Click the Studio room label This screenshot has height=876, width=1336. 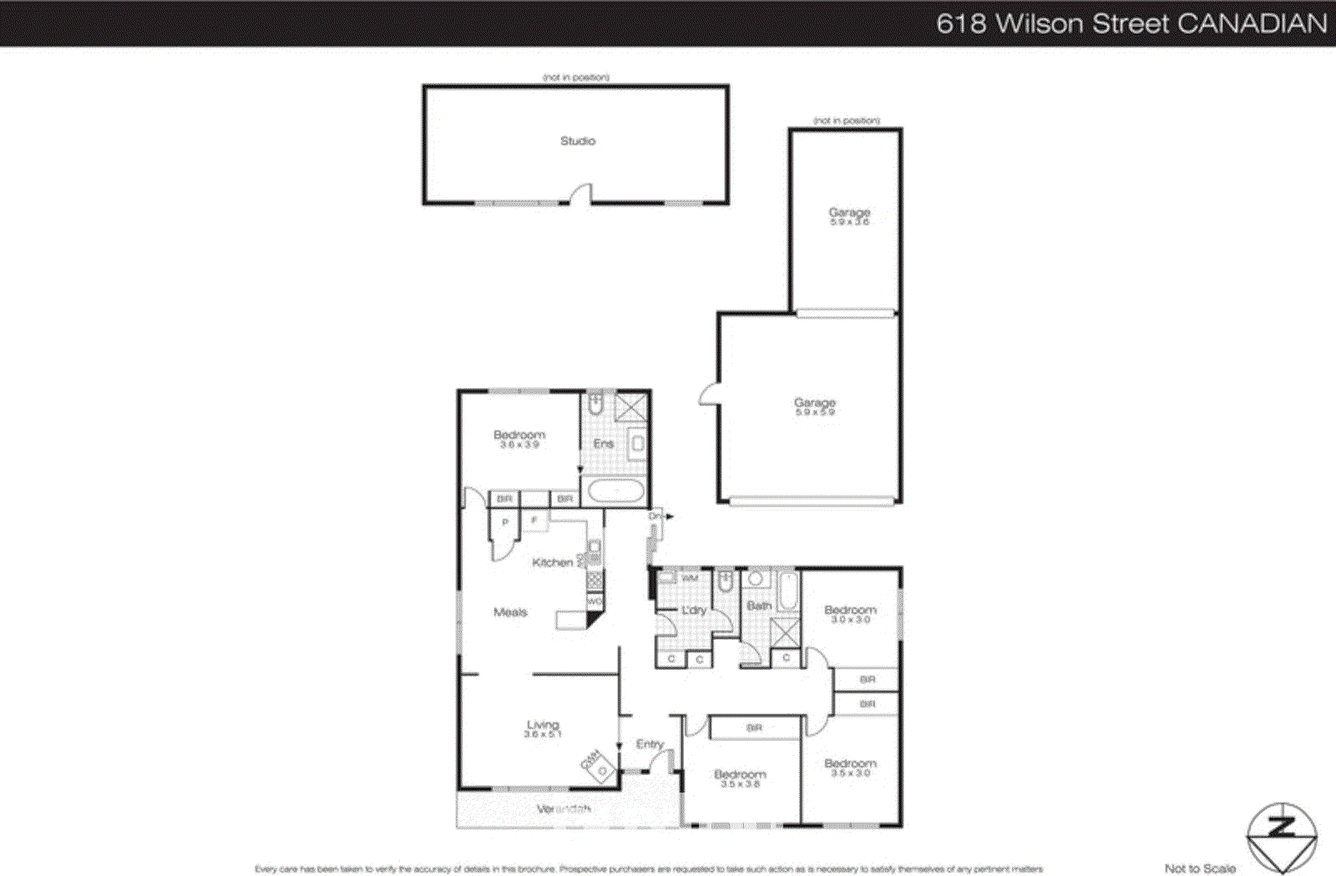click(578, 141)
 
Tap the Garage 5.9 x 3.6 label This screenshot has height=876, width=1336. click(849, 216)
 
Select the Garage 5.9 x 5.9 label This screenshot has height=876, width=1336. click(815, 406)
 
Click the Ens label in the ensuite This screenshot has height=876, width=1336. click(604, 444)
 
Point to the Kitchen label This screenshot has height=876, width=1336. click(553, 562)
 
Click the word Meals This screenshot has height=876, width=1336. click(510, 612)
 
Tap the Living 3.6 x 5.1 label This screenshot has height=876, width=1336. click(543, 728)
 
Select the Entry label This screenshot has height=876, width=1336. click(650, 744)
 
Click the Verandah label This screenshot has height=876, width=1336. click(564, 808)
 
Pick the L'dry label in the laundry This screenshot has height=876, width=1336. click(694, 611)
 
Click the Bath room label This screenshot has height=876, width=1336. click(759, 606)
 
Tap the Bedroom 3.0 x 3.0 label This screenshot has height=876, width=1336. click(850, 614)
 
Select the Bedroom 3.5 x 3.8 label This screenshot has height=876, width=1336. click(740, 778)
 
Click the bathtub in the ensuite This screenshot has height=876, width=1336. click(615, 491)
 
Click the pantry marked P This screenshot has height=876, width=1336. click(505, 522)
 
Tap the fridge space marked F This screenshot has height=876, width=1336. click(534, 521)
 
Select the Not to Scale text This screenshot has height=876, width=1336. click(1200, 868)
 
